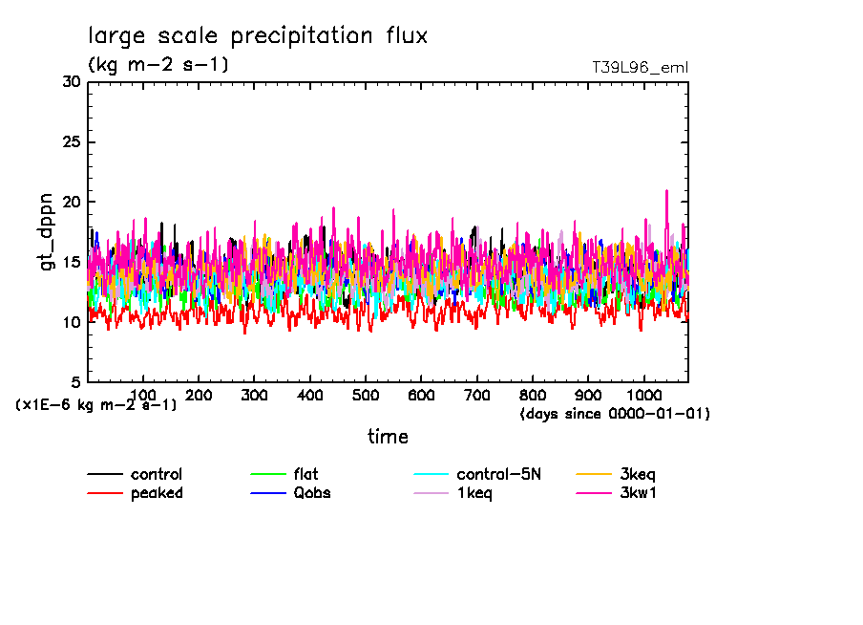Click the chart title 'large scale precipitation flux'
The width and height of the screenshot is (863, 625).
click(258, 36)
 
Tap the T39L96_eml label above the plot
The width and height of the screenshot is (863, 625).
click(640, 68)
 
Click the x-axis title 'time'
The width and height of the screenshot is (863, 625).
click(389, 437)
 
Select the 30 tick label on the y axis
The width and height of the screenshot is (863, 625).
click(71, 82)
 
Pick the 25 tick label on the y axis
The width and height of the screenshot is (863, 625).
click(71, 142)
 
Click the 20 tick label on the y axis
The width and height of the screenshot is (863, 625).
click(71, 203)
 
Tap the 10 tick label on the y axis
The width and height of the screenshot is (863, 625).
click(71, 322)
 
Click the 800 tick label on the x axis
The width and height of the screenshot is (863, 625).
click(533, 395)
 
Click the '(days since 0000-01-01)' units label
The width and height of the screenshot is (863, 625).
click(615, 414)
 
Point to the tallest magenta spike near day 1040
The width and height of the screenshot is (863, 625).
click(666, 191)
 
